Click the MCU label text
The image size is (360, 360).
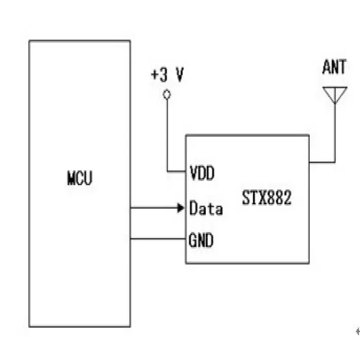[x=80, y=178]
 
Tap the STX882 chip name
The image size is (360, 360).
[x=267, y=197]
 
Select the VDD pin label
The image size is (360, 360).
[x=202, y=173]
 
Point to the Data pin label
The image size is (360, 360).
[x=206, y=208]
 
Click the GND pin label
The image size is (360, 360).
[x=201, y=240]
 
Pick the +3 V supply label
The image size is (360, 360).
[x=167, y=75]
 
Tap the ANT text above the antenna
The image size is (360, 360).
[x=334, y=67]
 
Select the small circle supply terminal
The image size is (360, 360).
[x=167, y=94]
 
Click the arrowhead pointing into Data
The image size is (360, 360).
[x=181, y=208]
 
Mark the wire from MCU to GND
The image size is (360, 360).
[x=158, y=239]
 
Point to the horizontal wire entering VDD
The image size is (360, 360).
[x=176, y=171]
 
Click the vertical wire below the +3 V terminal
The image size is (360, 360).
[x=167, y=135]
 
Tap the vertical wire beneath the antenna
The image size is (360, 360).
[x=335, y=133]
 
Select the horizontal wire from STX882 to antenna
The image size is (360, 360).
[x=322, y=162]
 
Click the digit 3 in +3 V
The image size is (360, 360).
[x=164, y=75]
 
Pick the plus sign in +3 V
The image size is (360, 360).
[x=155, y=75]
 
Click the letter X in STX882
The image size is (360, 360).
[x=262, y=197]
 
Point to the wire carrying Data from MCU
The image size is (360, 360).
[x=154, y=208]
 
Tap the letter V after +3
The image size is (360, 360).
[x=180, y=75]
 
